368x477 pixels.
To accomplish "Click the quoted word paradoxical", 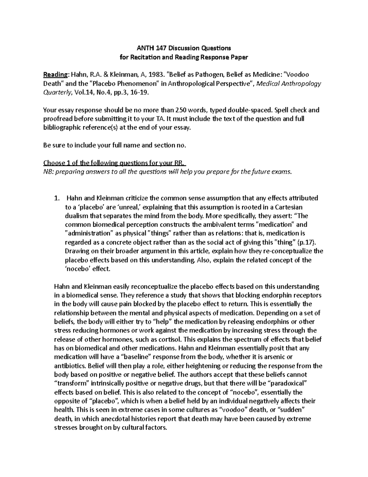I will (x=284, y=384).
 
